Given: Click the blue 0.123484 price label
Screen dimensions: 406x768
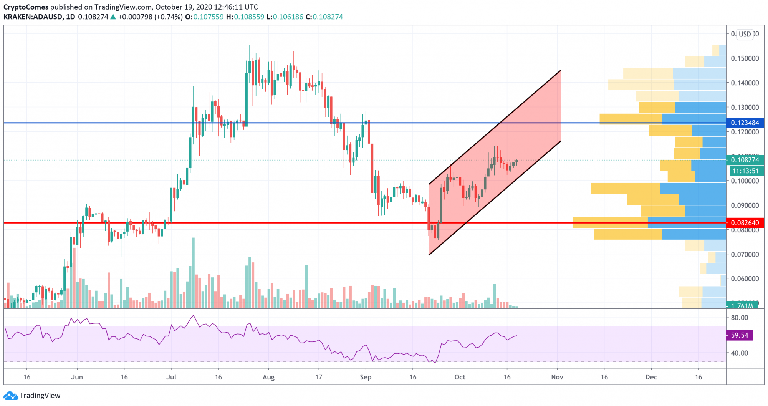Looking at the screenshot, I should coord(745,123).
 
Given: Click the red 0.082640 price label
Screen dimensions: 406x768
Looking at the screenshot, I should coord(745,223).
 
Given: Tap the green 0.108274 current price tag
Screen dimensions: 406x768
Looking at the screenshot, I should coord(745,160).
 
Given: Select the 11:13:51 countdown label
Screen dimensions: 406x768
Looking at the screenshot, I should coord(745,171).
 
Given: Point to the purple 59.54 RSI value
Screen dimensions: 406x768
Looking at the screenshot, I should coord(739,335).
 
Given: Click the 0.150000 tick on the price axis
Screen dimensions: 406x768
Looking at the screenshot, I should coord(745,58).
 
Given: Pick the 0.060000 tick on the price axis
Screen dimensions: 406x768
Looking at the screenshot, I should coord(745,278).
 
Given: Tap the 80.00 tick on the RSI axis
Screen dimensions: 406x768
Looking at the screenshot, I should coord(739,318).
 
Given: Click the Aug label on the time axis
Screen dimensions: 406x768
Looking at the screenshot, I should coord(268,377).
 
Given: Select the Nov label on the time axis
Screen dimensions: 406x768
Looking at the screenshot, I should coord(557,377).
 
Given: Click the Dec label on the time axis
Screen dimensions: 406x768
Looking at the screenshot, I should coord(651,377).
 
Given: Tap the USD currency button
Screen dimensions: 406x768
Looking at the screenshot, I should coord(745,34).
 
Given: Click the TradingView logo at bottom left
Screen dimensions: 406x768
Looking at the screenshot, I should coord(32,396).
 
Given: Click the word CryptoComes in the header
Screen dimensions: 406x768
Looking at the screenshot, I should coord(26,7).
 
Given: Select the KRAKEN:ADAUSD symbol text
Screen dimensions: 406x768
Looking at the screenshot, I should coord(33,17).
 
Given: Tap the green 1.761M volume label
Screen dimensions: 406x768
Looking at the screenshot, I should coord(742,306).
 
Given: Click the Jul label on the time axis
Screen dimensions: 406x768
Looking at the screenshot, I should coord(171,377).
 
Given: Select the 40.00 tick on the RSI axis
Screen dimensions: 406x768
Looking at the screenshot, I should coord(739,353).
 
